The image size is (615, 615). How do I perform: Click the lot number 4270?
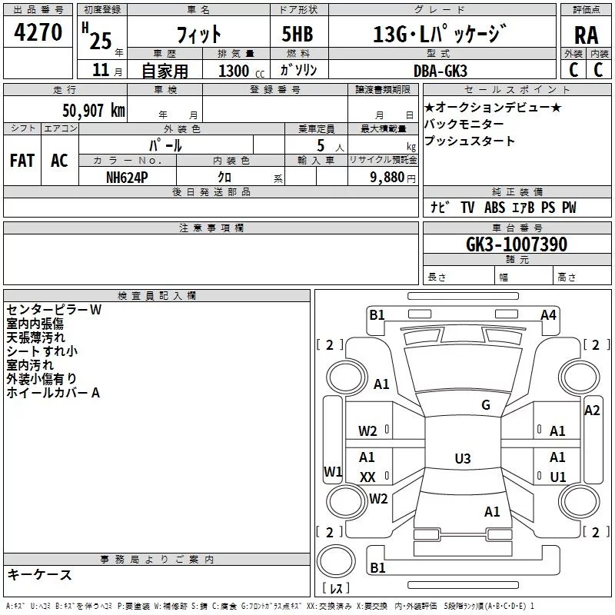click(x=38, y=33)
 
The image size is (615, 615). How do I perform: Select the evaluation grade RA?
click(x=586, y=35)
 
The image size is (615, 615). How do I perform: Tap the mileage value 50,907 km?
click(x=94, y=111)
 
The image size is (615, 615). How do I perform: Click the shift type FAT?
click(x=22, y=161)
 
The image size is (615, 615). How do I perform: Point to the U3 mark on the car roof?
click(x=462, y=459)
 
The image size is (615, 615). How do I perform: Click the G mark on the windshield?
click(x=486, y=405)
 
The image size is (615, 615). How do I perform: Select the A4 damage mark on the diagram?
click(x=548, y=314)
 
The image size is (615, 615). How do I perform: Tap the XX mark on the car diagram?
click(x=367, y=477)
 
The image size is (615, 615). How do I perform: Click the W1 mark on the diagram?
click(x=332, y=471)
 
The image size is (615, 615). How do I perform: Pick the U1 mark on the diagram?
click(x=558, y=477)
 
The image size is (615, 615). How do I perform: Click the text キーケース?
click(x=40, y=575)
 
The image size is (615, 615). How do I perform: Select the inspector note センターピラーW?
click(x=54, y=310)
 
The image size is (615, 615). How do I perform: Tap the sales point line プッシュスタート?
click(x=470, y=141)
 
